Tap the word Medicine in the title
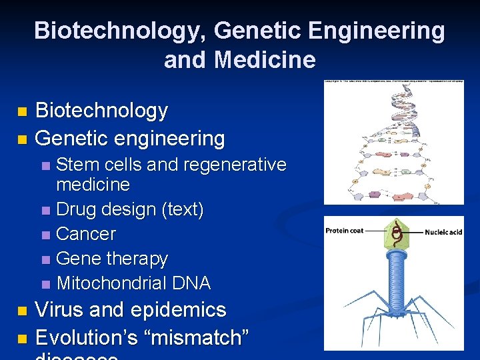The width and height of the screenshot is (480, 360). (265, 60)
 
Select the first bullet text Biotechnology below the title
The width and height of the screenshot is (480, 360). (101, 111)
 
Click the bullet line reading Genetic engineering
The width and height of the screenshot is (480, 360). (130, 139)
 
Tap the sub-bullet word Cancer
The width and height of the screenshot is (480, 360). (86, 234)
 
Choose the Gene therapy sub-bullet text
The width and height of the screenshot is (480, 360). (112, 259)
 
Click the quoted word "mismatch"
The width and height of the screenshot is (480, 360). (201, 337)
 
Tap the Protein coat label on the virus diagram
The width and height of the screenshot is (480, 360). (344, 231)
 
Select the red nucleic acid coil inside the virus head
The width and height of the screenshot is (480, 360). (396, 233)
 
